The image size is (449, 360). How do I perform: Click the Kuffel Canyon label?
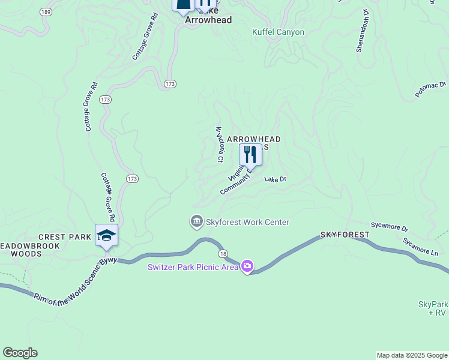click(278, 32)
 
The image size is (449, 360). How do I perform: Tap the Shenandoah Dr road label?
click(363, 31)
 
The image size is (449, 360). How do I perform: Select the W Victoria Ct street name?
click(219, 144)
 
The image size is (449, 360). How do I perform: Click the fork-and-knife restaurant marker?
click(250, 155)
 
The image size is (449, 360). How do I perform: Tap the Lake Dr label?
click(276, 179)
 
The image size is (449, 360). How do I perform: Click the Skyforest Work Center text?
click(247, 222)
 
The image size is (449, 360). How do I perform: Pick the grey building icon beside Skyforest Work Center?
click(196, 222)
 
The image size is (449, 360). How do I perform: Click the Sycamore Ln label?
click(420, 247)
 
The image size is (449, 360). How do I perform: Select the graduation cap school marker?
click(106, 235)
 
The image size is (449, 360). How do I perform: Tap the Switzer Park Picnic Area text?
click(193, 266)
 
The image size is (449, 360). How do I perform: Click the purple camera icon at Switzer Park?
click(247, 266)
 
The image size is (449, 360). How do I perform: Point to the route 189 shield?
click(45, 11)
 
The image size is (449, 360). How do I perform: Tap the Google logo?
click(20, 353)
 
